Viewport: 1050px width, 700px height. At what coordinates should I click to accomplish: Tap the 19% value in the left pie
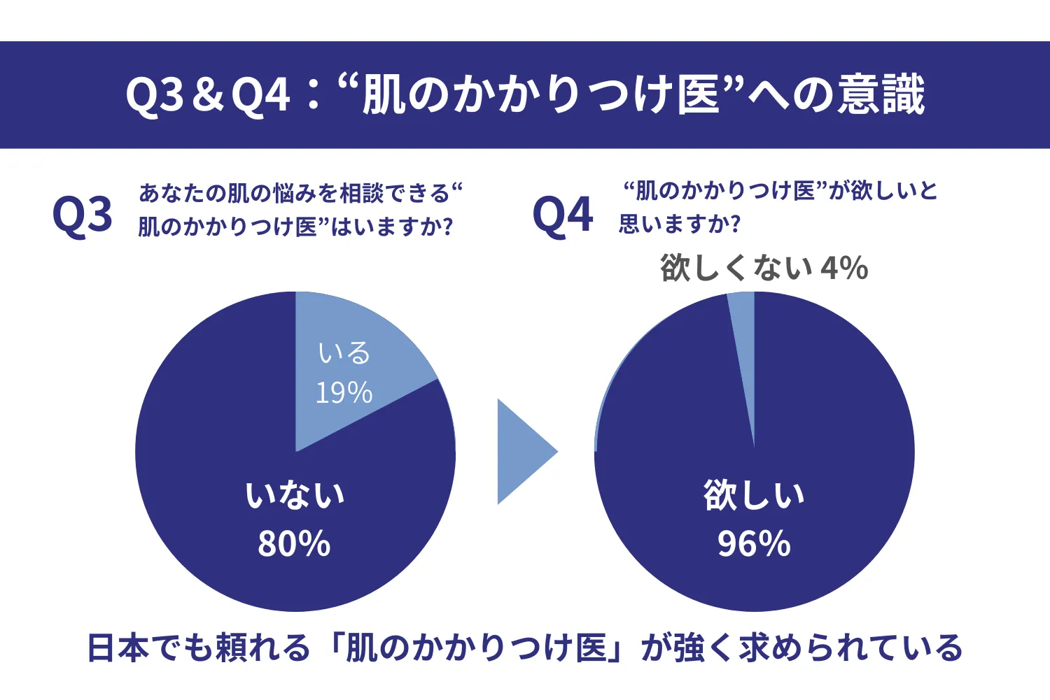pos(344,393)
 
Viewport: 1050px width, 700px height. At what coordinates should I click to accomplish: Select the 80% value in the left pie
pos(294,543)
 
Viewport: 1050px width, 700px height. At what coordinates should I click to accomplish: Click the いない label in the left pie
pos(295,495)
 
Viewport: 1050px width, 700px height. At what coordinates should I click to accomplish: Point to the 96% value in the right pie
pos(754,543)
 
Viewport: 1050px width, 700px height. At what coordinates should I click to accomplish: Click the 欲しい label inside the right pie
pos(754,495)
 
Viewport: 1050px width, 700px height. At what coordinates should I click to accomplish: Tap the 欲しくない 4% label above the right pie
pos(764,268)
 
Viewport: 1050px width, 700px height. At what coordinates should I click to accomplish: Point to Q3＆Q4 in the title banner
pos(208,94)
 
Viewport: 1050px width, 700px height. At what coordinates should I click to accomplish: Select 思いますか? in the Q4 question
pos(680,224)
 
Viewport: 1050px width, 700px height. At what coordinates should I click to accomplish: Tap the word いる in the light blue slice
pos(344,353)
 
